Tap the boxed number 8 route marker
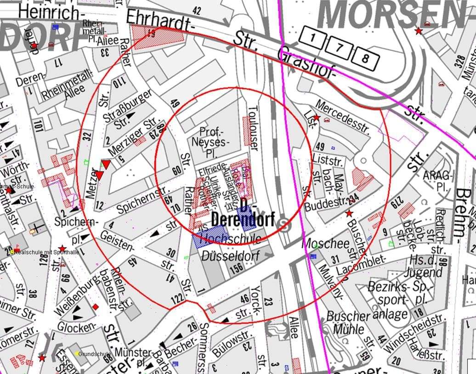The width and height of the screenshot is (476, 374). pos(365,58)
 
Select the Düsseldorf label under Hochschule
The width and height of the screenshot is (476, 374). pos(230,255)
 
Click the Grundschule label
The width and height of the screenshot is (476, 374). pos(94,354)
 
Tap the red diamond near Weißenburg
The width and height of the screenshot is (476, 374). pos(96,306)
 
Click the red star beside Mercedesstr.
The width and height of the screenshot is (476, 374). pos(317,118)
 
